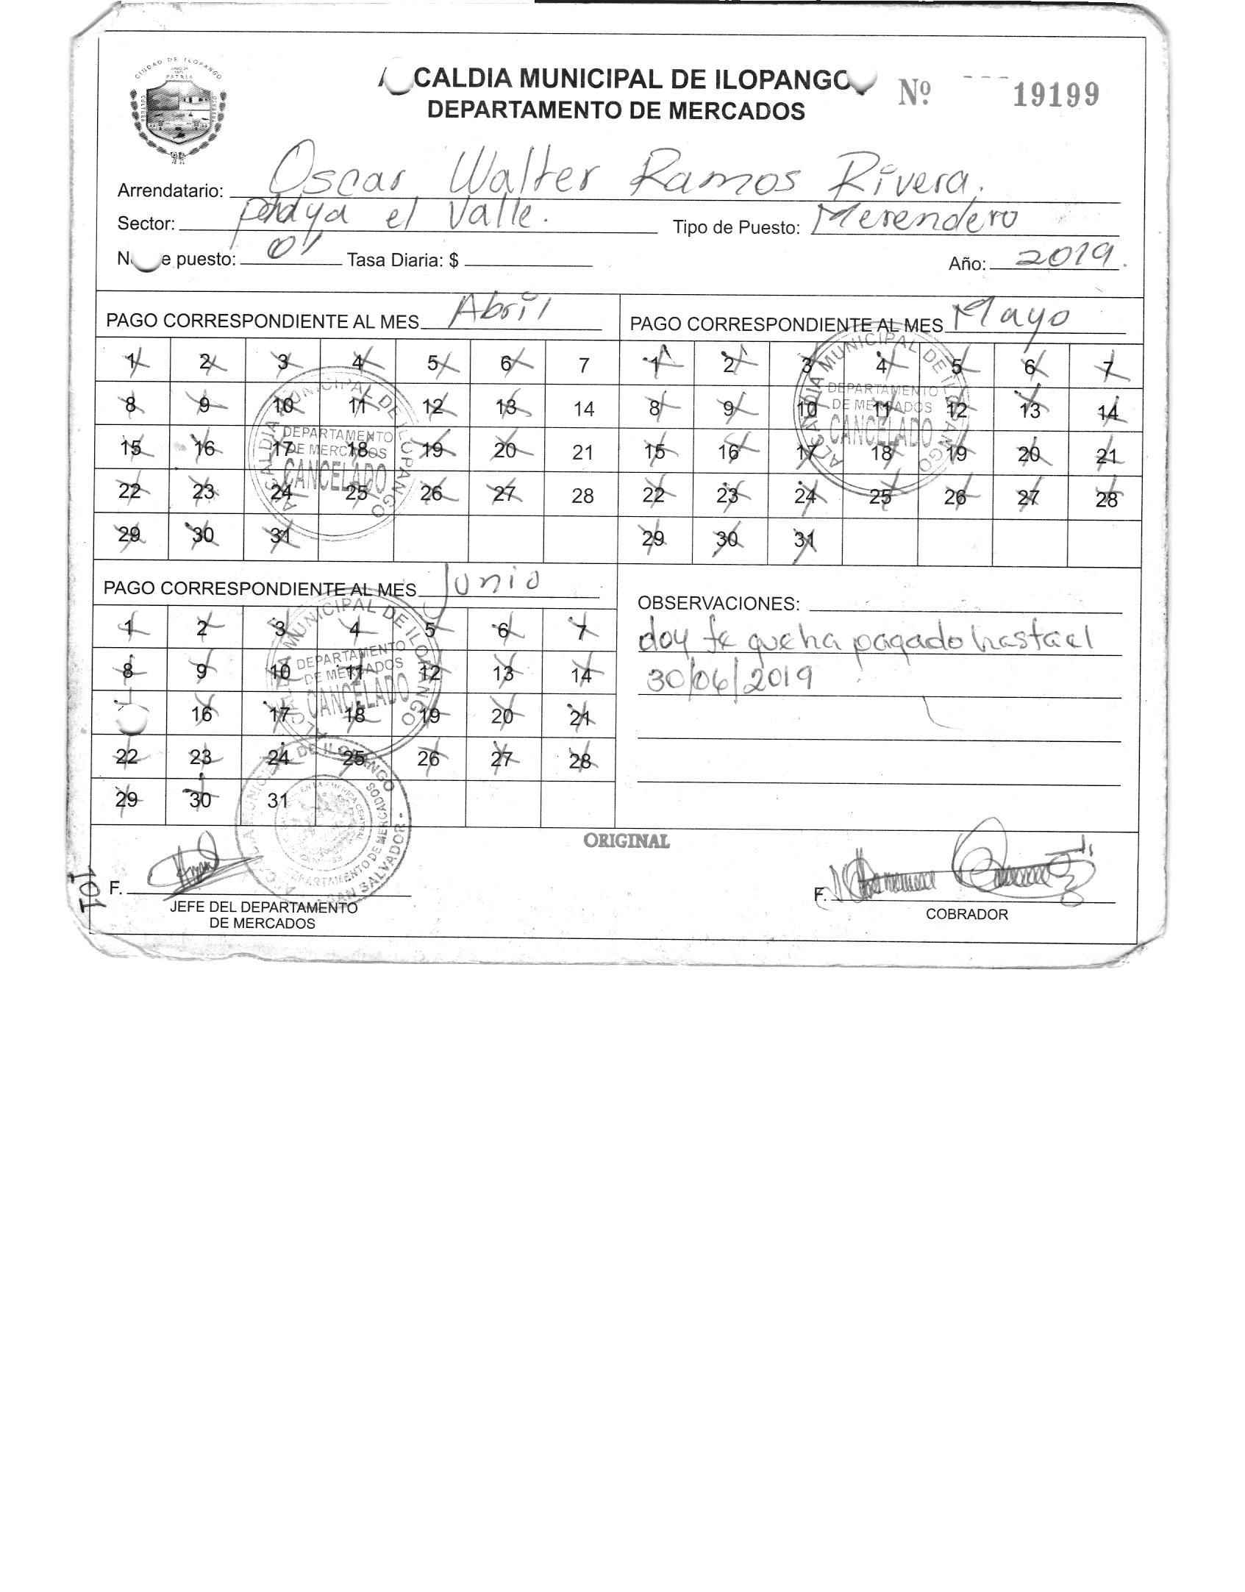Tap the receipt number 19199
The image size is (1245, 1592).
click(x=1055, y=95)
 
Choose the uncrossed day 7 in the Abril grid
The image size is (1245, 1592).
click(x=583, y=365)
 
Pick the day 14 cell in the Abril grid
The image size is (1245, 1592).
click(x=583, y=409)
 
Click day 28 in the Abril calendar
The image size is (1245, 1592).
click(x=582, y=496)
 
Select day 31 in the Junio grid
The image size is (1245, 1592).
click(x=277, y=800)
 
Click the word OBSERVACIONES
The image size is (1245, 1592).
click(x=718, y=604)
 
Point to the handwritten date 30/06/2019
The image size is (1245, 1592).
click(x=729, y=677)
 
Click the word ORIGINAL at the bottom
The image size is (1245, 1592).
click(x=627, y=841)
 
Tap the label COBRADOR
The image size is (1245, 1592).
click(x=966, y=915)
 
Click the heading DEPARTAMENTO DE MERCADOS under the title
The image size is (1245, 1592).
click(x=616, y=111)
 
